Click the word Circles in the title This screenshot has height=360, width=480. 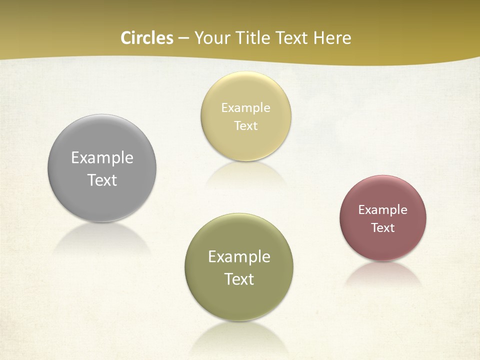coord(147,38)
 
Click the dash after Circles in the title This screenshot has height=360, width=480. coord(183,38)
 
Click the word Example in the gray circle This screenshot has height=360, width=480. coord(102,158)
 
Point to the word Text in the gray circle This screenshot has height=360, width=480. coord(102,180)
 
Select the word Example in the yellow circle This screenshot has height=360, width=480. coord(246,108)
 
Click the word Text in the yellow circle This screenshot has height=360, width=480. coord(246,125)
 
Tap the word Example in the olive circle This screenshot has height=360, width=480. coord(239,257)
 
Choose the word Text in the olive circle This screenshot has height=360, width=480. coord(239,279)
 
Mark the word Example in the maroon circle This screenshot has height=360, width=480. coord(383,210)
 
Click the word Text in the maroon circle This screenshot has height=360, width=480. coord(383,228)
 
